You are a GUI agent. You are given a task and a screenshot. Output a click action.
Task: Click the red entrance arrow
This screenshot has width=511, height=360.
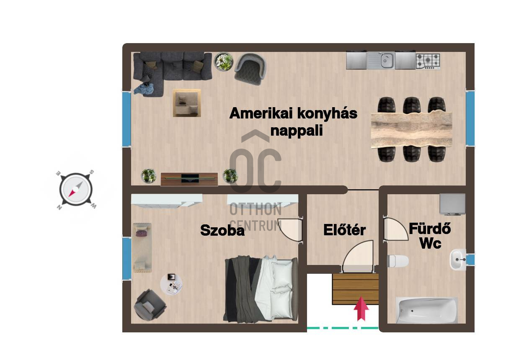pos(361,308)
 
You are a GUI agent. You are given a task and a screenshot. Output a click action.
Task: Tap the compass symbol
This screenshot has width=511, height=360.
pos(76,190)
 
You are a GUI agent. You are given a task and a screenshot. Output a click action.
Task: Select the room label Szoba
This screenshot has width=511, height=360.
pos(222,230)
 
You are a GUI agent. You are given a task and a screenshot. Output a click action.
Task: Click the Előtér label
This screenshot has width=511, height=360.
pos(344,230)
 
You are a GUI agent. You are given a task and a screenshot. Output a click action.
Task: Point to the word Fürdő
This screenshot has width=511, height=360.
pos(430,228)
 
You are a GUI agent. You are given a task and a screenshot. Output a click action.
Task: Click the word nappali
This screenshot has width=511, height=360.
pos(297,131)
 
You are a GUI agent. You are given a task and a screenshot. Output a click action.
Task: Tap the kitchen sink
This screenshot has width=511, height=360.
pos(381,60)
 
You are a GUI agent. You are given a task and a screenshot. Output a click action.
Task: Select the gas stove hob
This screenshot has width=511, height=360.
pos(428,62)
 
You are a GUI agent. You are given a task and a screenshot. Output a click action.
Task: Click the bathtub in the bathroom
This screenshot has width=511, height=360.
pos(426,311)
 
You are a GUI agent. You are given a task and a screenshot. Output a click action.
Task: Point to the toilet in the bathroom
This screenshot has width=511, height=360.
pos(397,261)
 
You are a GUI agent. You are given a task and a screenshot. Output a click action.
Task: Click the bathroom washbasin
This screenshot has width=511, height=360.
pos(458,260)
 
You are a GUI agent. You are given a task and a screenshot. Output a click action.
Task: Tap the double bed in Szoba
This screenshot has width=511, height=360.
pos(261,289)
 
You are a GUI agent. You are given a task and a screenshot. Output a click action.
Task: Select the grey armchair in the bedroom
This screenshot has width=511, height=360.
pos(150,305)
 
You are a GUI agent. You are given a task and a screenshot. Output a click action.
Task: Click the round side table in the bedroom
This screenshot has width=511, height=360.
pos(171,284)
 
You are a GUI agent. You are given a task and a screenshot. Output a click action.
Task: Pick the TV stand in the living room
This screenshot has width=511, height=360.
pos(189,179)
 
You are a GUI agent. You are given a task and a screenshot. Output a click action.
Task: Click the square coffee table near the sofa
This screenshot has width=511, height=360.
pos(187,103)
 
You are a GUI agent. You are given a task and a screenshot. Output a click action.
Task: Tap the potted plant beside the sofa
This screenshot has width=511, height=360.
pos(224,62)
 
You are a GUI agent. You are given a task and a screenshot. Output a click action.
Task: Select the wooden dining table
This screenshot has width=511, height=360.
pos(411,130)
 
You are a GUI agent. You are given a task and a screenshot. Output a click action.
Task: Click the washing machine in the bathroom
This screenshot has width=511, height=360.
pos(452,204)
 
